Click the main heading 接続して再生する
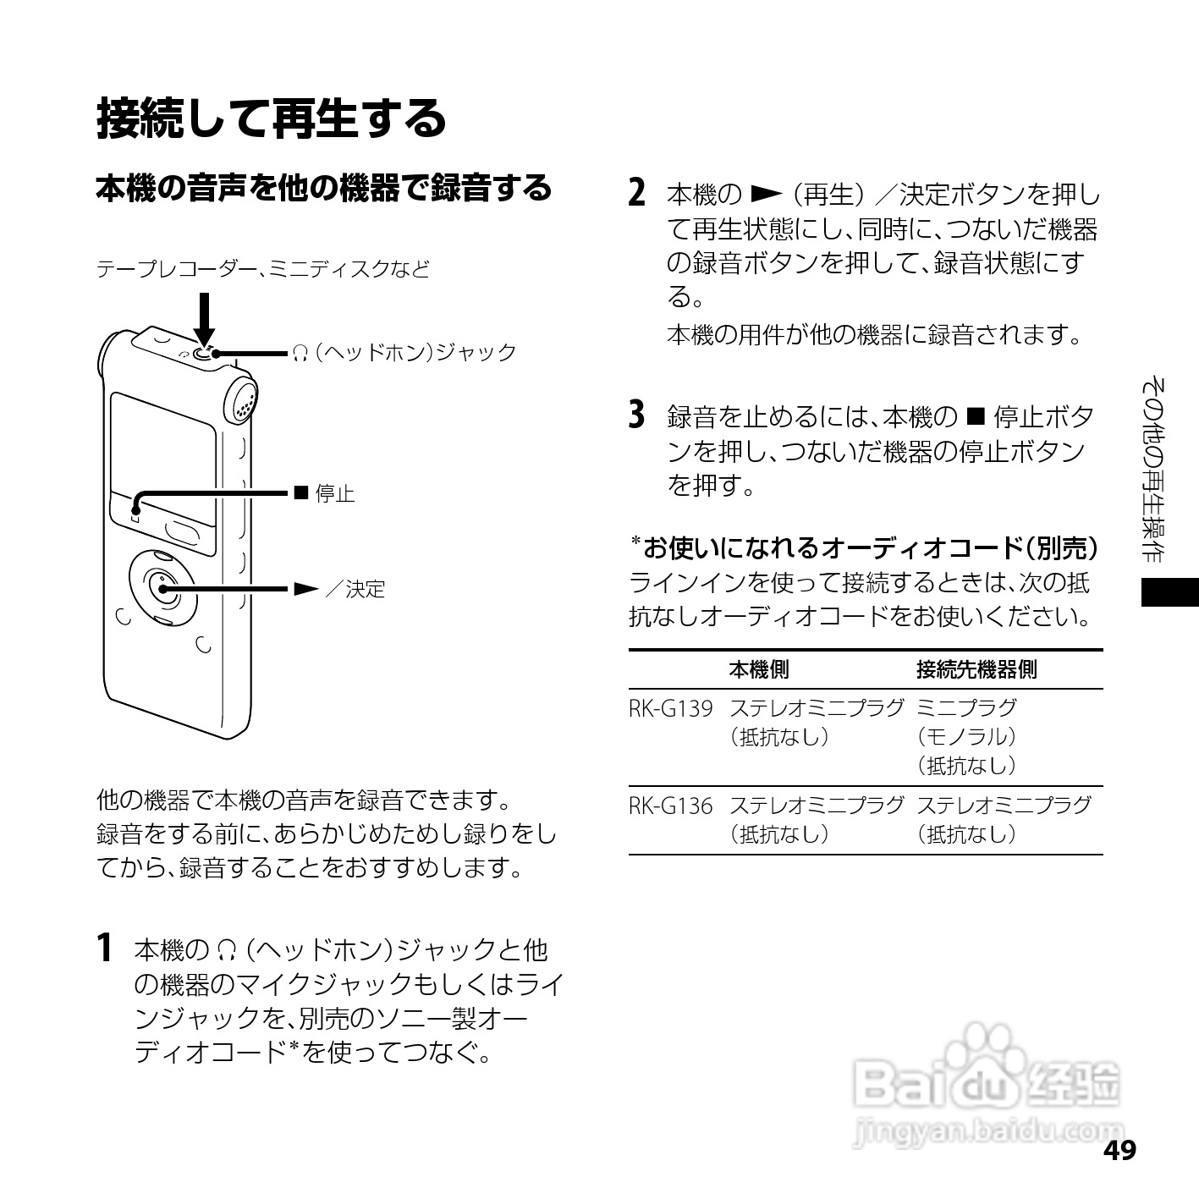[271, 118]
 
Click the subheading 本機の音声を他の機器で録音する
[323, 188]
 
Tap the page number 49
[1119, 1151]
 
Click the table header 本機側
[758, 670]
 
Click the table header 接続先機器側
[976, 670]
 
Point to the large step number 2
[638, 194]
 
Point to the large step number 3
[638, 415]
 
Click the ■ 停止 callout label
[324, 493]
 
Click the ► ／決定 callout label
[339, 589]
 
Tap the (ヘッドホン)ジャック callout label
[404, 353]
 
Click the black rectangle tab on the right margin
[1169, 592]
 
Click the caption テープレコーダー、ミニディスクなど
[263, 269]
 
